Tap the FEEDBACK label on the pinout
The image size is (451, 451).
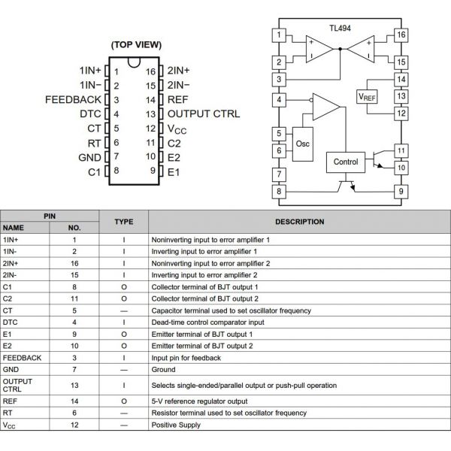pos(73,99)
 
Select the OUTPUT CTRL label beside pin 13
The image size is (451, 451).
pos(203,114)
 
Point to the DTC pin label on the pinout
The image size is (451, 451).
pos(89,114)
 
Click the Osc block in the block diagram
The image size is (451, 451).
pos(303,143)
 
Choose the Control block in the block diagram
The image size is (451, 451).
pos(346,162)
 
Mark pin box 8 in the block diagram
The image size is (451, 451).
pos(280,192)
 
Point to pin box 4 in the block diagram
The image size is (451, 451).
pos(280,98)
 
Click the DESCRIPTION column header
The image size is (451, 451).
pos(299,222)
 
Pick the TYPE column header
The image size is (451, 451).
pos(123,222)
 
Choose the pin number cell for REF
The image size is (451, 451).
pos(74,401)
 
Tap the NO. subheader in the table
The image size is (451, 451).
pos(74,227)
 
